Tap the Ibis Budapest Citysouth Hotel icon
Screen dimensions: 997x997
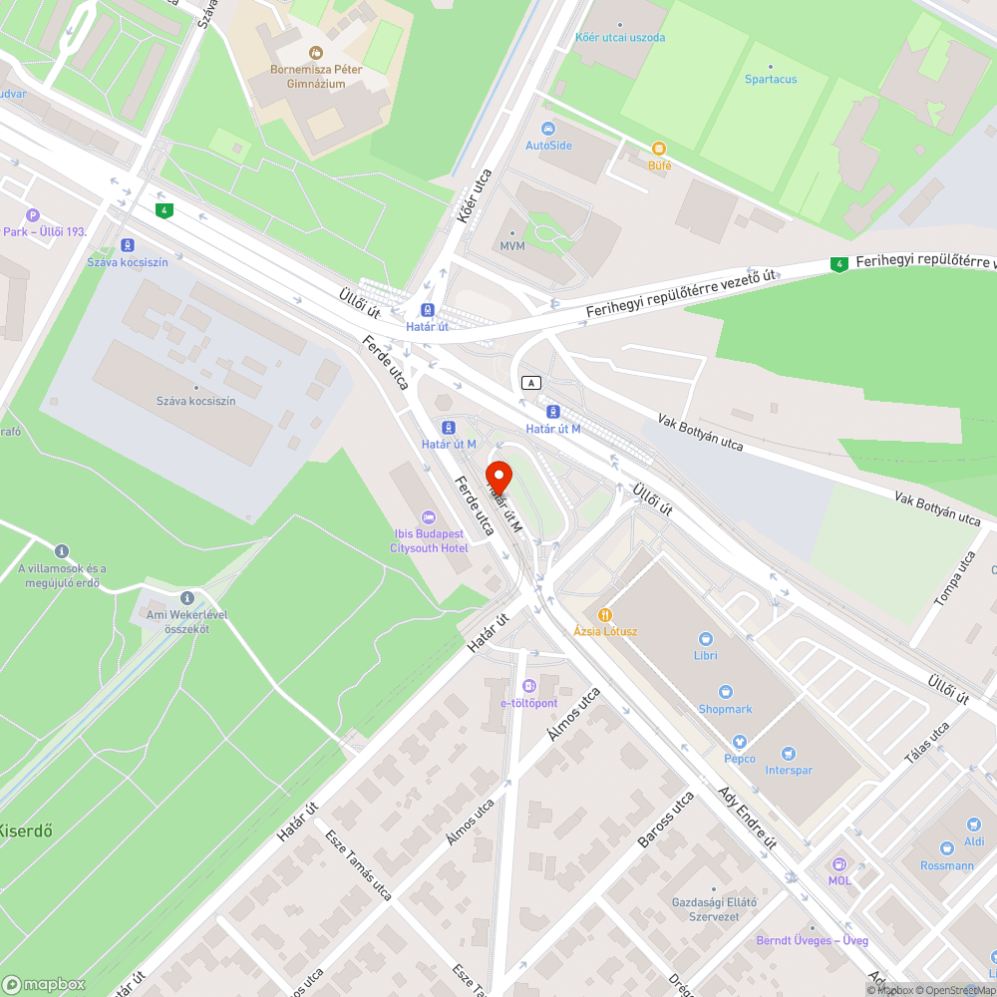pos(429,516)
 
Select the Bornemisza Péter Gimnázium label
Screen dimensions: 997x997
pos(315,76)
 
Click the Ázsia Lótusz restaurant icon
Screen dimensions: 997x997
pos(604,615)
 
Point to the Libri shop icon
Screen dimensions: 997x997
pos(706,639)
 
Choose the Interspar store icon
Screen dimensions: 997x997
pos(790,754)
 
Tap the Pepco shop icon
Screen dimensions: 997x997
pos(739,743)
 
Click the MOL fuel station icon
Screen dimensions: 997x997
pos(838,863)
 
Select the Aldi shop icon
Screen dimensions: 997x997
pos(973,825)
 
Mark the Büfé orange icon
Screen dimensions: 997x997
pos(659,149)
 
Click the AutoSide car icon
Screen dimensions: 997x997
pos(548,129)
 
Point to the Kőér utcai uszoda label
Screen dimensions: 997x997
pos(620,38)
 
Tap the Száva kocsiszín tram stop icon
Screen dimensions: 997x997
pos(127,245)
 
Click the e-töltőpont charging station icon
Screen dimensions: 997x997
pos(528,686)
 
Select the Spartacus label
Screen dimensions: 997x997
pos(771,79)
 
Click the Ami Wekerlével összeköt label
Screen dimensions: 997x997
pos(179,621)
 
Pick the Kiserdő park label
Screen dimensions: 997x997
pos(25,830)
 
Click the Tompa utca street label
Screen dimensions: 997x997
pos(954,578)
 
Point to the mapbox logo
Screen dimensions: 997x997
pos(44,984)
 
